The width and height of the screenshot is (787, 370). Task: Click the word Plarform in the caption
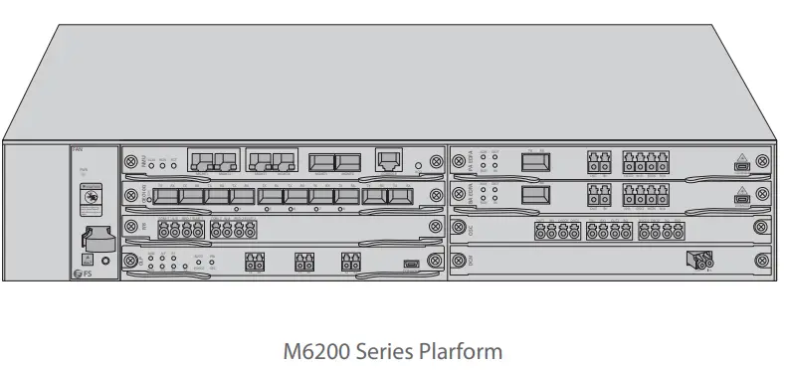[x=454, y=351]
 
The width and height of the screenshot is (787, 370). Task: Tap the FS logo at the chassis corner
[x=81, y=274]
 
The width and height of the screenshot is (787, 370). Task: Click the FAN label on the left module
[x=78, y=150]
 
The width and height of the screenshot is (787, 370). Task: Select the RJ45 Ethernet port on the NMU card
[x=388, y=160]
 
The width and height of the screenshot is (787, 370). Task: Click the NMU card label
[x=142, y=160]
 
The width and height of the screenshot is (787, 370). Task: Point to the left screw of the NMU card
[x=130, y=160]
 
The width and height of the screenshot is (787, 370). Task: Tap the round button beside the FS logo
[x=105, y=261]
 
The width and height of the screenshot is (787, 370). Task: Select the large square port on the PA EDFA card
[x=537, y=160]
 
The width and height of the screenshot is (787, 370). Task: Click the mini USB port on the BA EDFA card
[x=741, y=199]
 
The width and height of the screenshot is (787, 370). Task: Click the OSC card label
[x=471, y=228]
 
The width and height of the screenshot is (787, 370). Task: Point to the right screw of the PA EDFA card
[x=761, y=160]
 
